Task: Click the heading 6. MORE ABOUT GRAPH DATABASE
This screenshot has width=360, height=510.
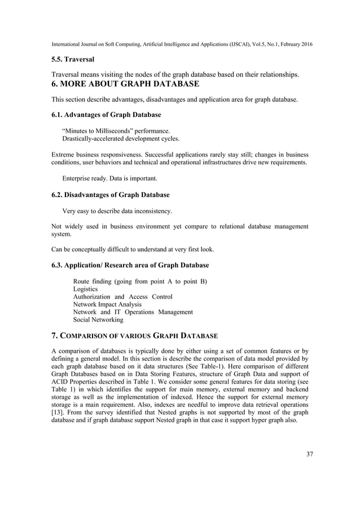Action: click(125, 84)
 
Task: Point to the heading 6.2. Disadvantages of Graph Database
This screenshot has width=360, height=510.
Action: click(111, 195)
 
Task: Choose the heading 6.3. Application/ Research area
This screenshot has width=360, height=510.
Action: click(130, 265)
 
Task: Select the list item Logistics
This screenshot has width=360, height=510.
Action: click(86, 289)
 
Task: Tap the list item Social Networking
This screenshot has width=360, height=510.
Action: click(98, 320)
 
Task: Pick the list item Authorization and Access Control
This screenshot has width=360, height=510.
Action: click(123, 297)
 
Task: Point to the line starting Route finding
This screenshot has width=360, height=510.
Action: click(139, 281)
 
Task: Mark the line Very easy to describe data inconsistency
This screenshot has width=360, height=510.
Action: click(117, 211)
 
